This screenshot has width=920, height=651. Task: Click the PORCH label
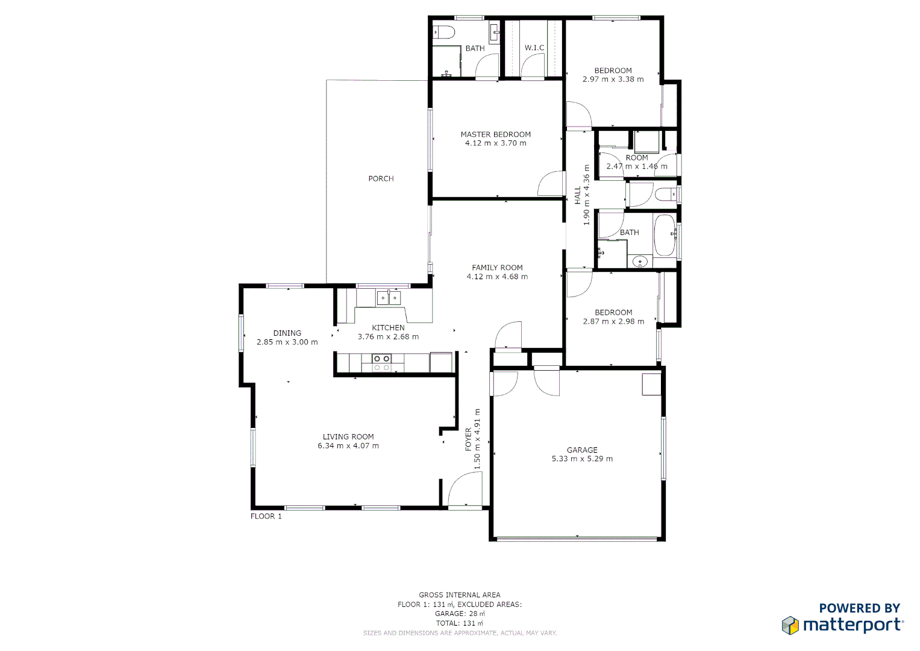[381, 178]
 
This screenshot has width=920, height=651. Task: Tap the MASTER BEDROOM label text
[495, 134]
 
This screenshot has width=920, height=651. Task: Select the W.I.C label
[534, 48]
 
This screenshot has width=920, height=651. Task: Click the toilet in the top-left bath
[443, 33]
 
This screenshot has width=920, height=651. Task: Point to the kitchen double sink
[388, 297]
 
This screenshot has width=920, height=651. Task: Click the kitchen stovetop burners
[381, 362]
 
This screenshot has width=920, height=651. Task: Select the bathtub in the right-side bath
[665, 235]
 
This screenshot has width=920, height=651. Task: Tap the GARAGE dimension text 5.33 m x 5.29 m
[582, 459]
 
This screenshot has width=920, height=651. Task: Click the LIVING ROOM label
[348, 436]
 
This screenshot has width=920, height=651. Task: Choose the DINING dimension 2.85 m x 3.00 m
[287, 342]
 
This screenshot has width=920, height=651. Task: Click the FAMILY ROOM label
[497, 268]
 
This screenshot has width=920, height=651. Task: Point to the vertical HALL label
[578, 195]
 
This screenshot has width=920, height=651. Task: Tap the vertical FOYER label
[469, 439]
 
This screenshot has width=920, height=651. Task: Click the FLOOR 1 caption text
[266, 516]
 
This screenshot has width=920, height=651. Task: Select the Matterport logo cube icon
[790, 625]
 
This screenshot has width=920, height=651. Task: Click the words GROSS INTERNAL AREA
[460, 595]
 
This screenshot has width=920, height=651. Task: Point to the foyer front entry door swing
[465, 489]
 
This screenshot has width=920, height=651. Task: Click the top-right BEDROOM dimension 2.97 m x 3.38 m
[613, 79]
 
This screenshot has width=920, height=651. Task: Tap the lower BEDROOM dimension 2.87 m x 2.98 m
[613, 321]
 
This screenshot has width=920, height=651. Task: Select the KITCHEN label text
[388, 328]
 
